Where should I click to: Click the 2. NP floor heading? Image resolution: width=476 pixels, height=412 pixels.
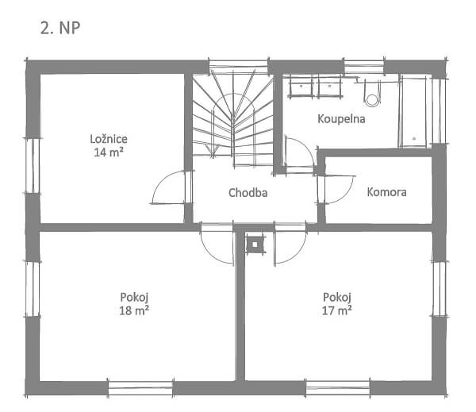coord(60,28)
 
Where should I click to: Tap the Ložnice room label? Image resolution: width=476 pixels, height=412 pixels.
coord(109,139)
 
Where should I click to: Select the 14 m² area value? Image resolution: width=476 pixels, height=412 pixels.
coord(109,152)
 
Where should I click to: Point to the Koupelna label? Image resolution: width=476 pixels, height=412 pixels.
coord(341,119)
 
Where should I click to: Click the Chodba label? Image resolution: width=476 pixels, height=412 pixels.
coord(248,193)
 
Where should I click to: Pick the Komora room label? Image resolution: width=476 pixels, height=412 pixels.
coord(386,192)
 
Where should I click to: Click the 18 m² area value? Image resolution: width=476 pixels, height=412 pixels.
coord(134,310)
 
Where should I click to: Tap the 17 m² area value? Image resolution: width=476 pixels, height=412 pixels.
coord(336,310)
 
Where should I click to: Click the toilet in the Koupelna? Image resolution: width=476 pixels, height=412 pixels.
coord(372,94)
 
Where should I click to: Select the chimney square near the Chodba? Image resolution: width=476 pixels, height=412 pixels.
coord(255,245)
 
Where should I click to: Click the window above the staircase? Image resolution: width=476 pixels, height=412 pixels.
coord(239,67)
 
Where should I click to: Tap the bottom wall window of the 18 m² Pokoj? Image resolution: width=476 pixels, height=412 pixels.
coord(140,388)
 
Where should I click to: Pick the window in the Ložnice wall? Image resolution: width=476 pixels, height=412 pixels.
coord(33,166)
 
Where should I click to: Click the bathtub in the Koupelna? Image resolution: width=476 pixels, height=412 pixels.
coord(414,112)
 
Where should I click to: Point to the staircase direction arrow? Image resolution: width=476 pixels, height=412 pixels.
coord(213,149)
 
